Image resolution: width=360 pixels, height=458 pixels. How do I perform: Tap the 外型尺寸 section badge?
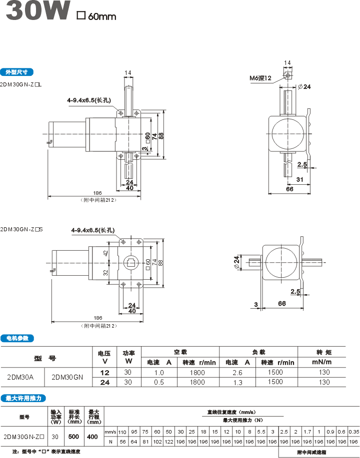17,71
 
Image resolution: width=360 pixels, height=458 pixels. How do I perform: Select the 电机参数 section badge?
17,338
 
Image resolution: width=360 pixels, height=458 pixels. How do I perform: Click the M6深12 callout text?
260,78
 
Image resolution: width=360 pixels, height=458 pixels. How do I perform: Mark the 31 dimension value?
299,179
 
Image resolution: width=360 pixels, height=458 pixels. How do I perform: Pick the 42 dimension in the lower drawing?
105,254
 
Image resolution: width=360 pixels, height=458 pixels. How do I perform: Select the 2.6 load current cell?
237,373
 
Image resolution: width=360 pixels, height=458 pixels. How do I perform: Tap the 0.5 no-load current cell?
159,382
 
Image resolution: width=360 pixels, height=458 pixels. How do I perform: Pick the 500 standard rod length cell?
74,436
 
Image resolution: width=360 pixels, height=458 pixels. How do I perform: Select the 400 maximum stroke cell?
92,436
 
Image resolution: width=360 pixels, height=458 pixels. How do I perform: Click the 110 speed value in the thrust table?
122,431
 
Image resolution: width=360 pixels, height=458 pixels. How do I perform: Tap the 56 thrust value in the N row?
122,441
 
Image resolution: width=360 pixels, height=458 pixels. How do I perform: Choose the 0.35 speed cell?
353,431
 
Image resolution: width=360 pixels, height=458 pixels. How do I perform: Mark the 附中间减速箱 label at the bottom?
311,452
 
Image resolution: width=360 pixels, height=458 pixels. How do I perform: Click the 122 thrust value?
168,441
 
